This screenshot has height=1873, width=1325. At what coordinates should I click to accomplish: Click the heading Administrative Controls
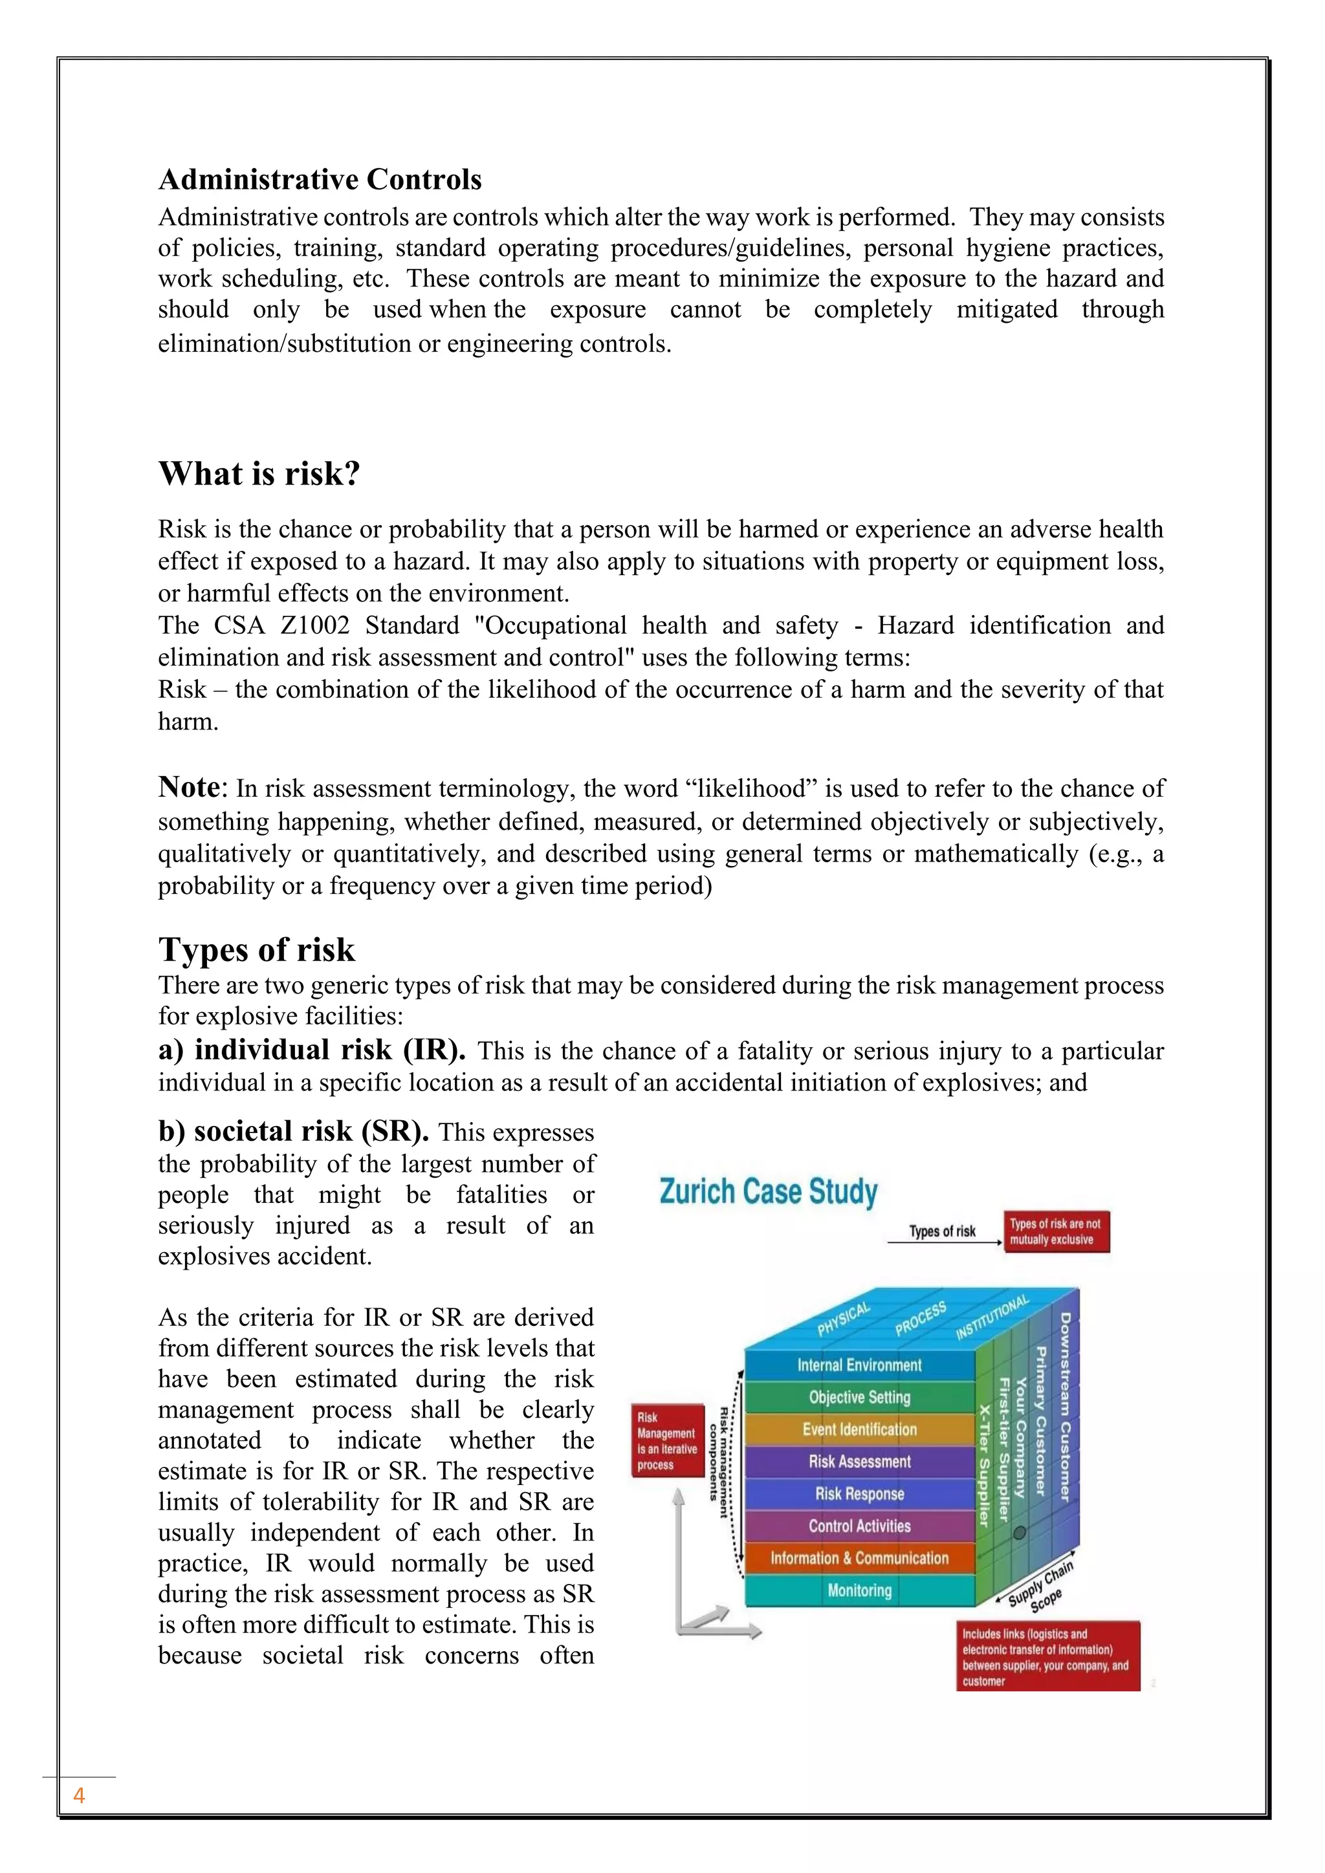click(x=320, y=179)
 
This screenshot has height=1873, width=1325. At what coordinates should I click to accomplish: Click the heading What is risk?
click(x=259, y=473)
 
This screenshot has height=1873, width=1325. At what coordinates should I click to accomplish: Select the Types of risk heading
click(x=256, y=949)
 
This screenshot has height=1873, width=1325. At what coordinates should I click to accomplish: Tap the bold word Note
click(x=188, y=787)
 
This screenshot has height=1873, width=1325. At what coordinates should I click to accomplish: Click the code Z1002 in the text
click(x=315, y=625)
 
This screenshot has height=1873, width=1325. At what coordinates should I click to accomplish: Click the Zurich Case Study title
click(x=768, y=1192)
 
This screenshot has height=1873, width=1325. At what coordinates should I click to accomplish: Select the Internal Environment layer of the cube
click(x=859, y=1365)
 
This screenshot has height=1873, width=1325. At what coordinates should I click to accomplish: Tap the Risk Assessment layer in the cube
click(x=859, y=1461)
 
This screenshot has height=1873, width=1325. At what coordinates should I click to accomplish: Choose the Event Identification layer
click(x=859, y=1429)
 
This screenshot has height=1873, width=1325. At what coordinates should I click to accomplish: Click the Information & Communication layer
click(x=859, y=1558)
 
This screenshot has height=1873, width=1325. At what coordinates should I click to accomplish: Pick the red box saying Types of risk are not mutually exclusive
click(x=1056, y=1232)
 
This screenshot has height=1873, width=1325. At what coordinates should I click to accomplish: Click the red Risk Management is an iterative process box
click(x=668, y=1440)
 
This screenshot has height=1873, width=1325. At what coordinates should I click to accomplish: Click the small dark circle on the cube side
click(x=1019, y=1533)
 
